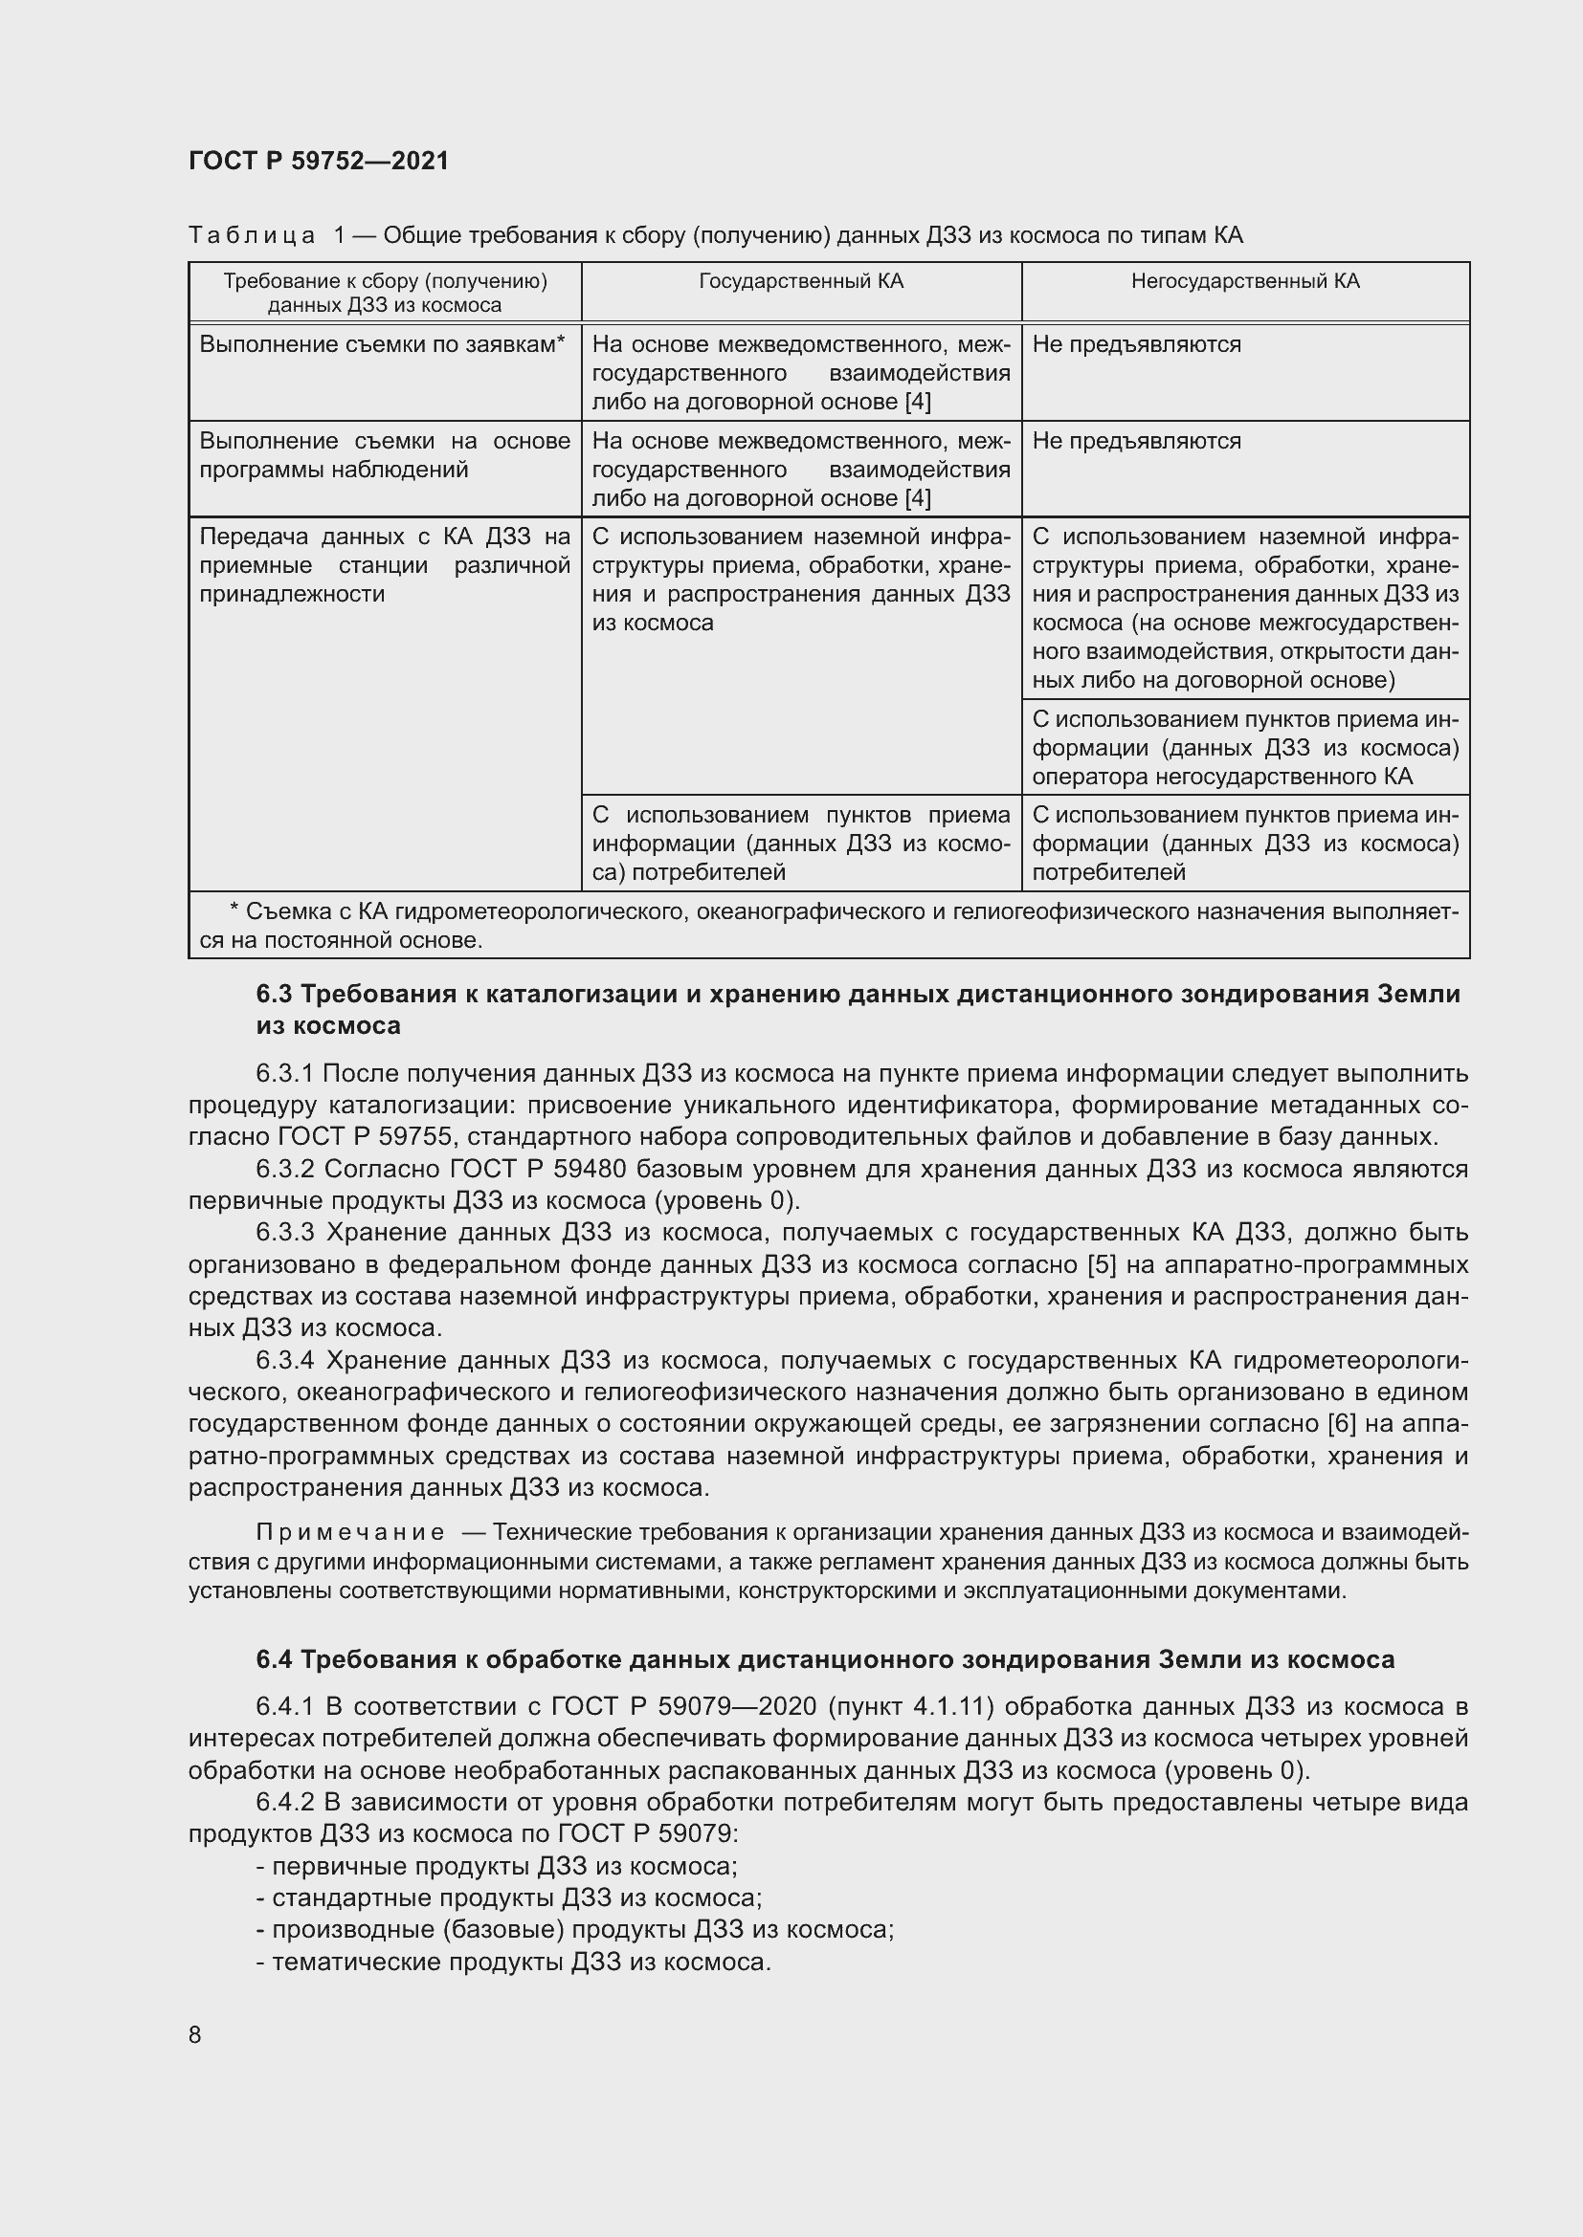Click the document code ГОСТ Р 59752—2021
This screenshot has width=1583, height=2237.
pyautogui.click(x=319, y=161)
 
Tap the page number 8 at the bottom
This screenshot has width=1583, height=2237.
pyautogui.click(x=195, y=2034)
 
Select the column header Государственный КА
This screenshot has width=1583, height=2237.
pyautogui.click(x=800, y=281)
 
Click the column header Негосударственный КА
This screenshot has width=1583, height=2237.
pyautogui.click(x=1245, y=281)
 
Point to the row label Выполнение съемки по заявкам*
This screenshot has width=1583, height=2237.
pyautogui.click(x=382, y=344)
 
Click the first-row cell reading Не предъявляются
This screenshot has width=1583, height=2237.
pyautogui.click(x=1136, y=344)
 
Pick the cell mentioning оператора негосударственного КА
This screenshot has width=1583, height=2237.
pyautogui.click(x=1245, y=748)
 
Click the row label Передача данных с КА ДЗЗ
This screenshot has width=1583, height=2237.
pyautogui.click(x=384, y=565)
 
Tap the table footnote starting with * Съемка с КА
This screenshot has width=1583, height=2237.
pyautogui.click(x=829, y=926)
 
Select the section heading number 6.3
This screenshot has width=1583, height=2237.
pyautogui.click(x=274, y=994)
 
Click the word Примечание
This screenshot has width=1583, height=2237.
pyautogui.click(x=350, y=1532)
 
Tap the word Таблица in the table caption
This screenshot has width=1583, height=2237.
pyautogui.click(x=252, y=236)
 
